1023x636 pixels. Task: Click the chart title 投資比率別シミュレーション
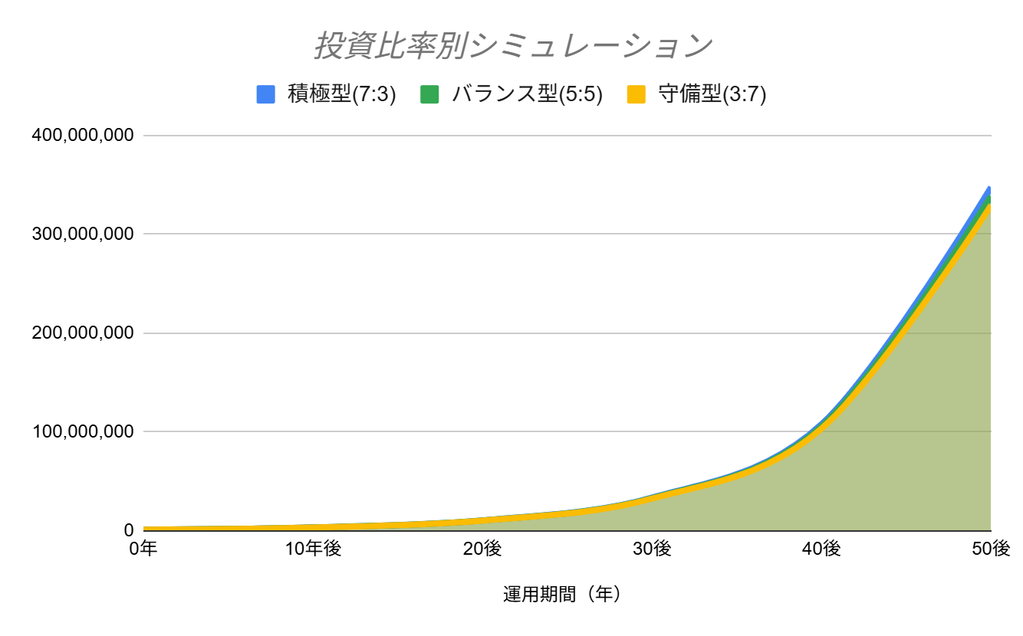512,46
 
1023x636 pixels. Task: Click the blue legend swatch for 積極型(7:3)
265,94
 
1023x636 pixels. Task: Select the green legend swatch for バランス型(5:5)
429,94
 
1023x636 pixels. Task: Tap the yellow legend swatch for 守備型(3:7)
636,94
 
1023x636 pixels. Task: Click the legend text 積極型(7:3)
341,94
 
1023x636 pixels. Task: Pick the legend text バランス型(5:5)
527,94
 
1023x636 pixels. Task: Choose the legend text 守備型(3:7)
712,94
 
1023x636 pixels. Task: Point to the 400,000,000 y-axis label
83,136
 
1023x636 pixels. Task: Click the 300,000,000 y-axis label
83,234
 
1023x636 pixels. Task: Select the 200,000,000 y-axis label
83,333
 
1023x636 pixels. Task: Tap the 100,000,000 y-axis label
83,432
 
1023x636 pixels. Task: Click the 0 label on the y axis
128,530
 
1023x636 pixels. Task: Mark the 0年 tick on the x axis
144,549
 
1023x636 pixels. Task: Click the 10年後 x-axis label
313,549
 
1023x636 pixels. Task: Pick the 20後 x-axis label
482,549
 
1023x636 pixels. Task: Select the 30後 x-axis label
652,549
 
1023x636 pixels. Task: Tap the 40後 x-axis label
821,549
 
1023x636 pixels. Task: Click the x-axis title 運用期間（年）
562,595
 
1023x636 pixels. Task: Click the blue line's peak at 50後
989,188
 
